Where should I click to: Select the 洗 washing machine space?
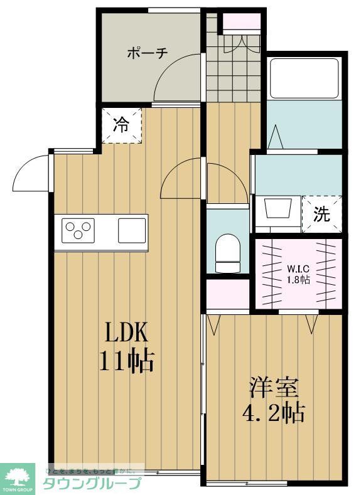(x=321, y=215)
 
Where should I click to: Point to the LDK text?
(x=126, y=331)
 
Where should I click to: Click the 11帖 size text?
(x=126, y=361)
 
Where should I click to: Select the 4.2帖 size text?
(x=273, y=413)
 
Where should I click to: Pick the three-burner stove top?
(x=77, y=230)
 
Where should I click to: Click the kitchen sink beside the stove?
(x=132, y=230)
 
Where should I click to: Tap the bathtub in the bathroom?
(x=305, y=78)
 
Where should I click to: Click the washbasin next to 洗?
(x=276, y=208)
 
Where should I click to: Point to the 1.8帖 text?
(x=298, y=280)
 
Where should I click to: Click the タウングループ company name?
(x=92, y=483)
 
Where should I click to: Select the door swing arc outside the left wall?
(x=30, y=173)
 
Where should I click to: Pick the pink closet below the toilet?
(x=229, y=294)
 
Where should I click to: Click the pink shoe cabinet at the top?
(x=242, y=21)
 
